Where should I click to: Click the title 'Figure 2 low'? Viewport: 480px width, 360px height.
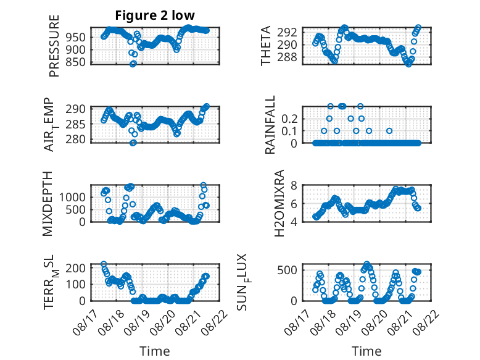tap(155, 15)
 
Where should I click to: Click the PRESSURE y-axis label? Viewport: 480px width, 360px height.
tap(54, 46)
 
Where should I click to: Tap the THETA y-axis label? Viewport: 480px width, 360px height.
tap(266, 46)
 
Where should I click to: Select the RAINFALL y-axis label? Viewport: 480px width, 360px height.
tap(270, 125)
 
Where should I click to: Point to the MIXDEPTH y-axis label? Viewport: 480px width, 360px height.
tap(48, 204)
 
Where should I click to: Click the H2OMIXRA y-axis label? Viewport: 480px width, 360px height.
tap(279, 203)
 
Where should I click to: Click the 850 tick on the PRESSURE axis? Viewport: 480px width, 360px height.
tap(75, 62)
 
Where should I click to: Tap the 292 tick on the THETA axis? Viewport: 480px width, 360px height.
tap(287, 32)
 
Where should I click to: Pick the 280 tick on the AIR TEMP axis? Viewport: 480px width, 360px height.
tap(75, 140)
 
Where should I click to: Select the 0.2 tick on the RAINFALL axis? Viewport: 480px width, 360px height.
tap(289, 119)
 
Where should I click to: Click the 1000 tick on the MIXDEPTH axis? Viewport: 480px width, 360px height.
tap(72, 197)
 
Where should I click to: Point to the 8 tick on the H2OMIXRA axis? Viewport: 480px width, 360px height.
tap(294, 185)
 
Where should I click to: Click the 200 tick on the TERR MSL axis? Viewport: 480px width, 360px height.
tap(76, 268)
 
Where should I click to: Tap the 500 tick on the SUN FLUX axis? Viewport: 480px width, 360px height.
tap(287, 270)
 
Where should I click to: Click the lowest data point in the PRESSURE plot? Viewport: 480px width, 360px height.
tap(133, 64)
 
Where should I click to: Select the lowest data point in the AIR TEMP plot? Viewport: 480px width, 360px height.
tap(133, 143)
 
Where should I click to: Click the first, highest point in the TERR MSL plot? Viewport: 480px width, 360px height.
tap(104, 264)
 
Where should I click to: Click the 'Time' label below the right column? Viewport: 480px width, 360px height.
tap(366, 351)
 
